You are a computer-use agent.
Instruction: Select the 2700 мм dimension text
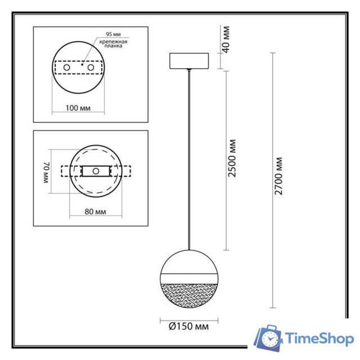click(280, 177)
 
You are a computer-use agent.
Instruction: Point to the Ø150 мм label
click(187, 326)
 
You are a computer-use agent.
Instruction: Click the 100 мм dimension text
click(79, 107)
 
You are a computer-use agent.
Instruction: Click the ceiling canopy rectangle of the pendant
click(188, 60)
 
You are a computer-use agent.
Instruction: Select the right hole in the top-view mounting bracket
click(89, 67)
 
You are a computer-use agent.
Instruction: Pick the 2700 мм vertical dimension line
click(273, 180)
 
